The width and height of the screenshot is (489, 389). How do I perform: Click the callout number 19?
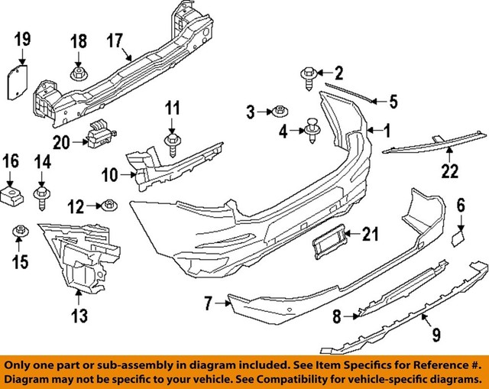point(21,37)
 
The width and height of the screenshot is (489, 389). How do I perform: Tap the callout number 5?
point(393,100)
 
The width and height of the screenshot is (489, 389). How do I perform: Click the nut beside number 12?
point(110,205)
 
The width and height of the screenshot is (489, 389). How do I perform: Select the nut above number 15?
point(19,230)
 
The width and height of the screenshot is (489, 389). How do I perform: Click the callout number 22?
point(450,172)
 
